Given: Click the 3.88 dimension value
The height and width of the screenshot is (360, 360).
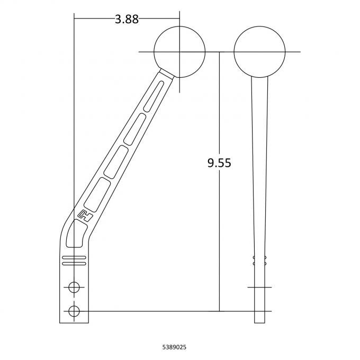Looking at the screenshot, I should point(127,20).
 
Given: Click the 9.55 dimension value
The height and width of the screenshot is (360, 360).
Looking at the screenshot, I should point(219,163).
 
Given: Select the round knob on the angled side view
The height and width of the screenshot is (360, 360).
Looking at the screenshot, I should point(179,52).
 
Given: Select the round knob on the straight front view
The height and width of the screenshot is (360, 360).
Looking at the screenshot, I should point(259,52).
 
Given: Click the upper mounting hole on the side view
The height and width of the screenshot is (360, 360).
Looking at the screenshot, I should point(74,287).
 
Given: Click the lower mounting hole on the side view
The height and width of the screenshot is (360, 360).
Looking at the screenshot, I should point(74,310).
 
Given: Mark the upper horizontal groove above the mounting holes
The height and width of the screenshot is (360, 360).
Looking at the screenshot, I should point(74,257).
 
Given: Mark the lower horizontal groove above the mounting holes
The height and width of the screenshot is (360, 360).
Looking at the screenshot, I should point(74,263).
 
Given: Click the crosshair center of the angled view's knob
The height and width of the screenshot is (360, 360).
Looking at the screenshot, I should point(179,52).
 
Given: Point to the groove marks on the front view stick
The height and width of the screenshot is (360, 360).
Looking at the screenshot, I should point(259,260).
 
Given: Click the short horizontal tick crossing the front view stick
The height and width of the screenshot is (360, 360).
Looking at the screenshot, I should point(259,287).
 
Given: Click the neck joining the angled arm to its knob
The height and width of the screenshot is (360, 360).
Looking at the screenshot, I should point(165,74).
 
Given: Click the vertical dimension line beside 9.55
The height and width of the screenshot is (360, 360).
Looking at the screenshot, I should point(219,238).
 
